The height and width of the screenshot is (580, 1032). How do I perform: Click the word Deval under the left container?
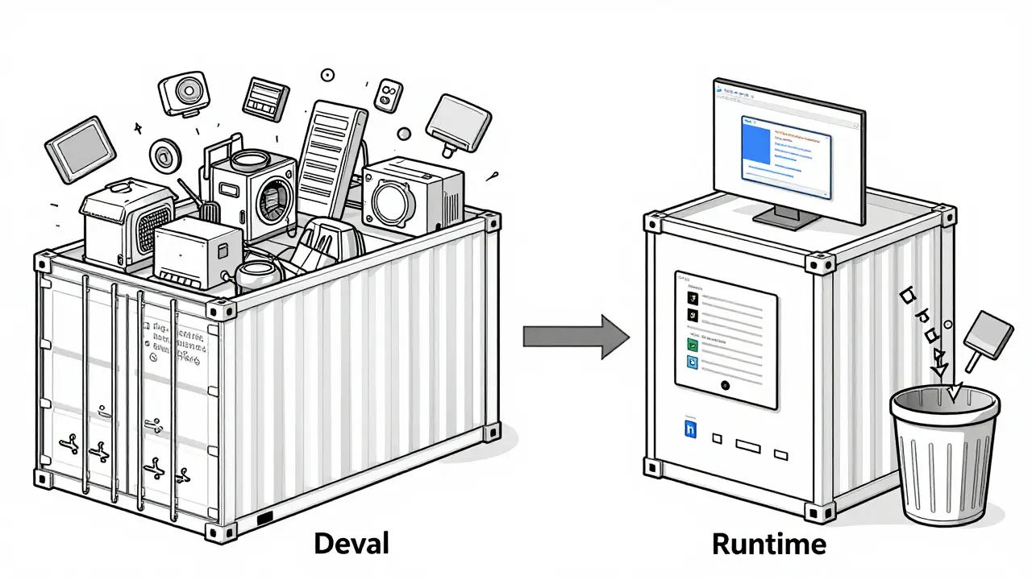click(351, 544)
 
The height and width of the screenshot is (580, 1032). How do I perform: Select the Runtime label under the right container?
click(769, 544)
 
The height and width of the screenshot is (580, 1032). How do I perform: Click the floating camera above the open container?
click(184, 95)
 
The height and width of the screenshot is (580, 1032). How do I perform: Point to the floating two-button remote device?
click(389, 97)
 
